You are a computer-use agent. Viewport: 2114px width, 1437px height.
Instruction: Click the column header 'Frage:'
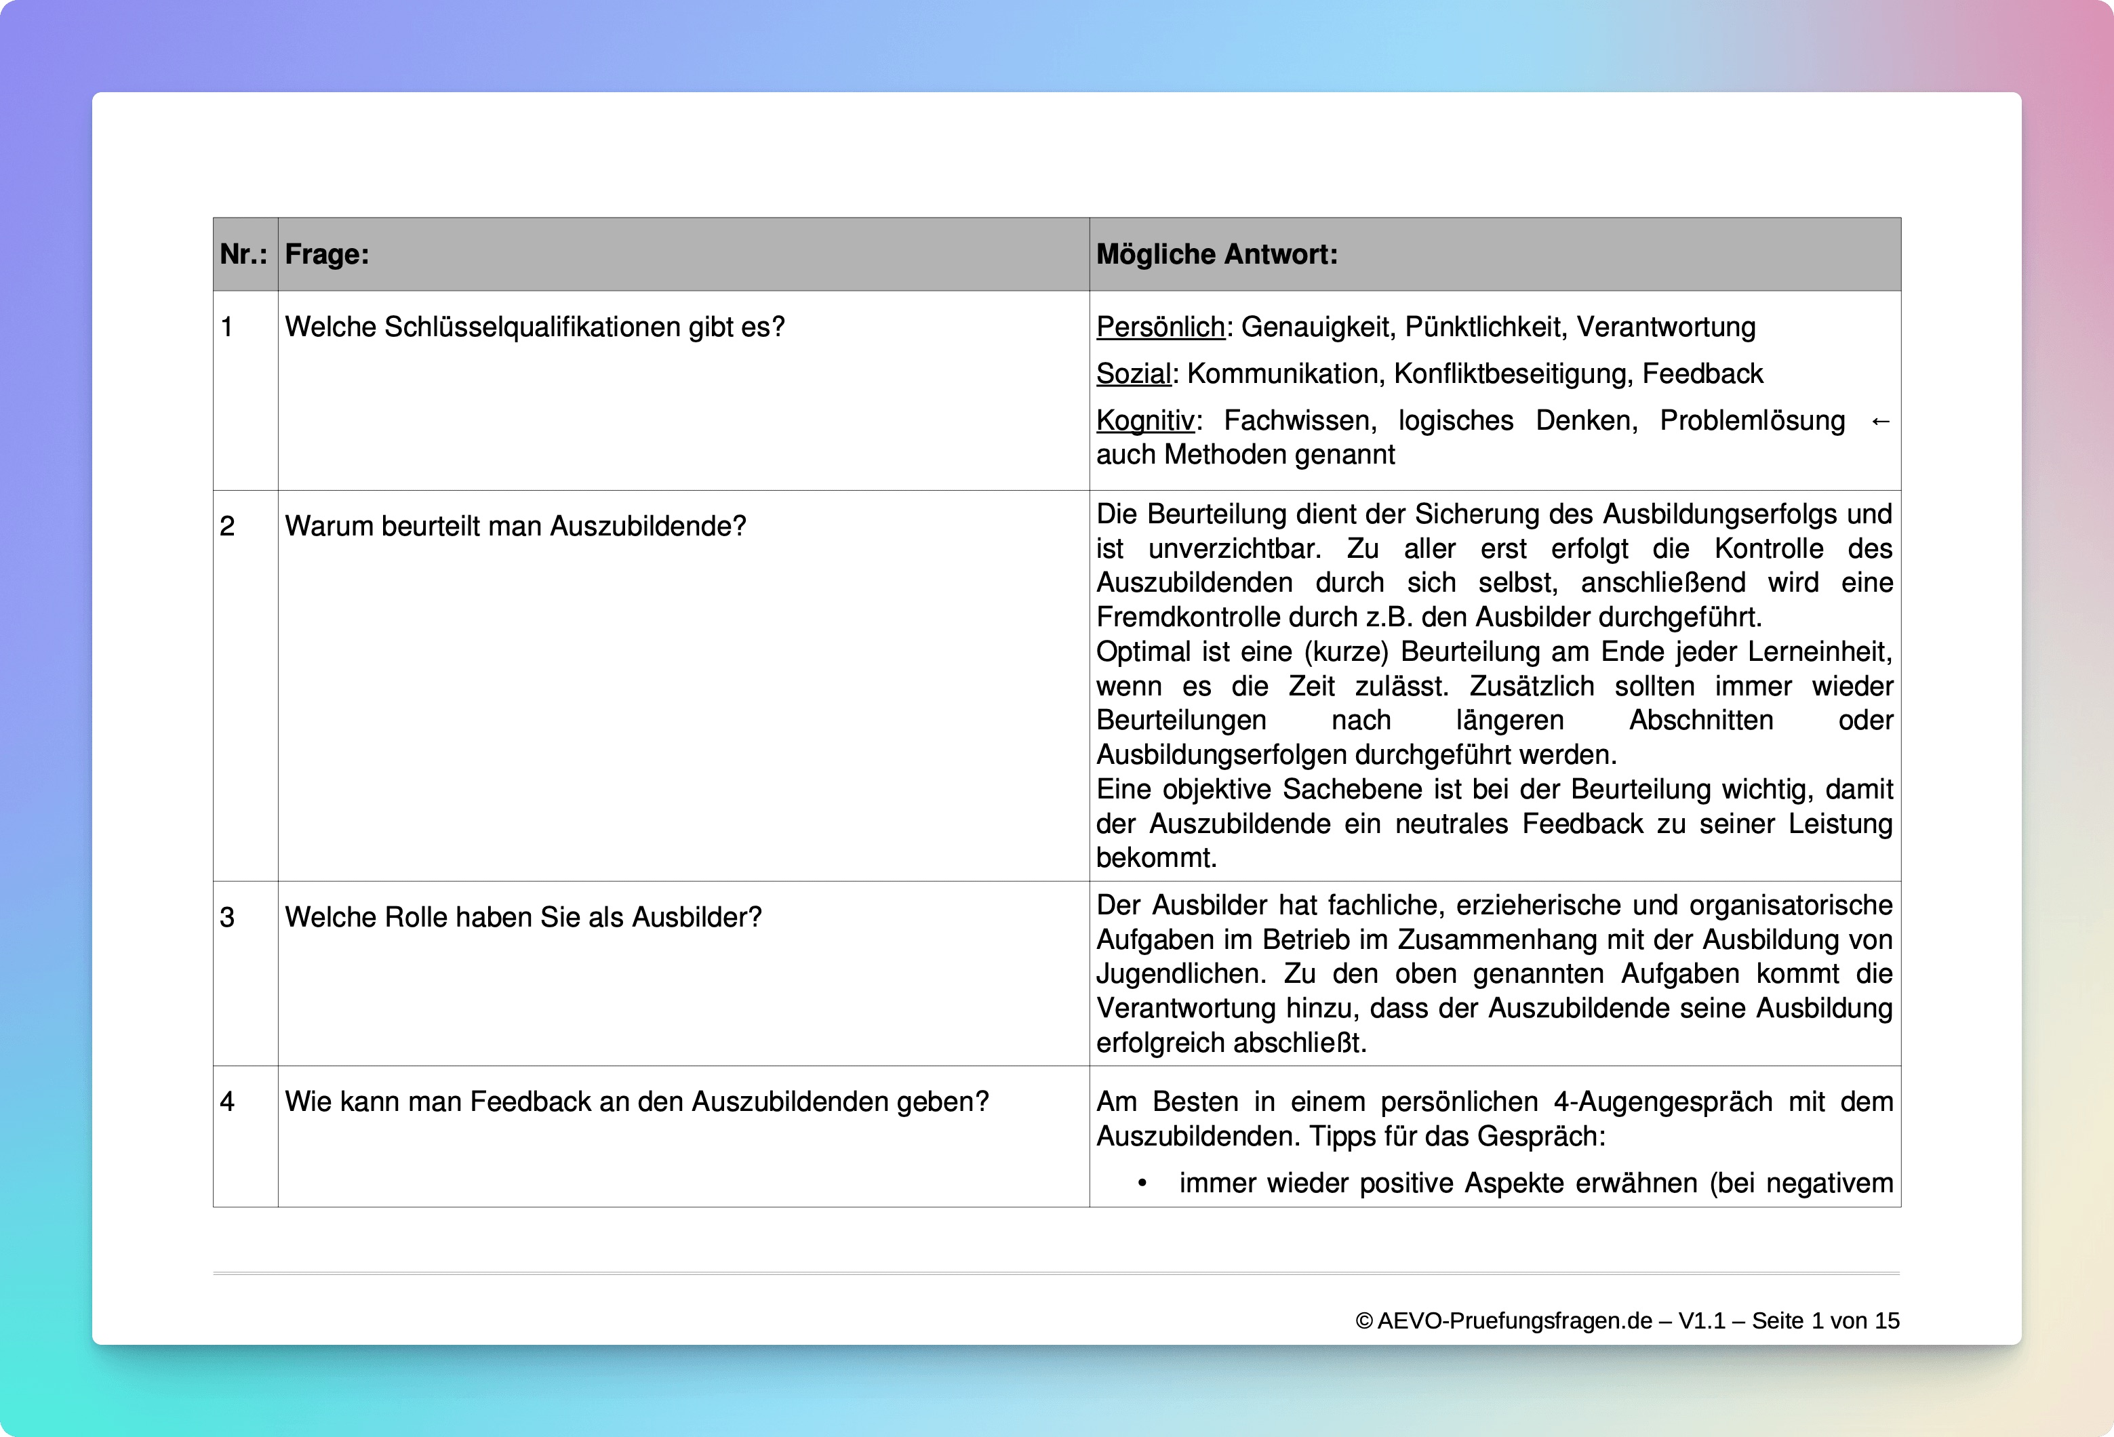[327, 255]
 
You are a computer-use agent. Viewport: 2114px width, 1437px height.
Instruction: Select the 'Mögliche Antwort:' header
[1216, 255]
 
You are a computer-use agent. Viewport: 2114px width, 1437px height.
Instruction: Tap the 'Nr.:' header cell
[243, 255]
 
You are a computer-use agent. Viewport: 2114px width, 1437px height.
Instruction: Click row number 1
[227, 327]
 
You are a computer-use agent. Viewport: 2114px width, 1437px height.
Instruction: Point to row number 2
[227, 527]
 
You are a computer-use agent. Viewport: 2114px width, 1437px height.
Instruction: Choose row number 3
[227, 918]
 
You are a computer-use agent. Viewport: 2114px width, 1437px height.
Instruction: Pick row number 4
[227, 1102]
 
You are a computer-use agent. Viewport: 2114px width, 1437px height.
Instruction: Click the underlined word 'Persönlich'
[1160, 327]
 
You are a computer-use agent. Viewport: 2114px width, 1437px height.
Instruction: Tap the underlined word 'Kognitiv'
[1144, 421]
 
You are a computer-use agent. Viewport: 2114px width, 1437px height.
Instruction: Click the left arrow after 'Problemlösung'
[1880, 421]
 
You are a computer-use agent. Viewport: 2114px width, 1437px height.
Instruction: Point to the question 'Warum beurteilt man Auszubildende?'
[515, 527]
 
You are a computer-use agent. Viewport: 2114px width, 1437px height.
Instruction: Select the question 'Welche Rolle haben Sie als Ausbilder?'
[523, 918]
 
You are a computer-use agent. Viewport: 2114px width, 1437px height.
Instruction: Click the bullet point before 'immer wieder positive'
[1142, 1184]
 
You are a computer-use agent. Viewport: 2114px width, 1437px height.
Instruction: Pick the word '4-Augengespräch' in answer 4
[1663, 1102]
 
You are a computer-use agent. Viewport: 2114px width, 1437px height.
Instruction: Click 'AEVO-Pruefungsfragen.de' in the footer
[1515, 1322]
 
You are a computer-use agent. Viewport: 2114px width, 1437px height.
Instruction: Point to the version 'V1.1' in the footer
[1702, 1322]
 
